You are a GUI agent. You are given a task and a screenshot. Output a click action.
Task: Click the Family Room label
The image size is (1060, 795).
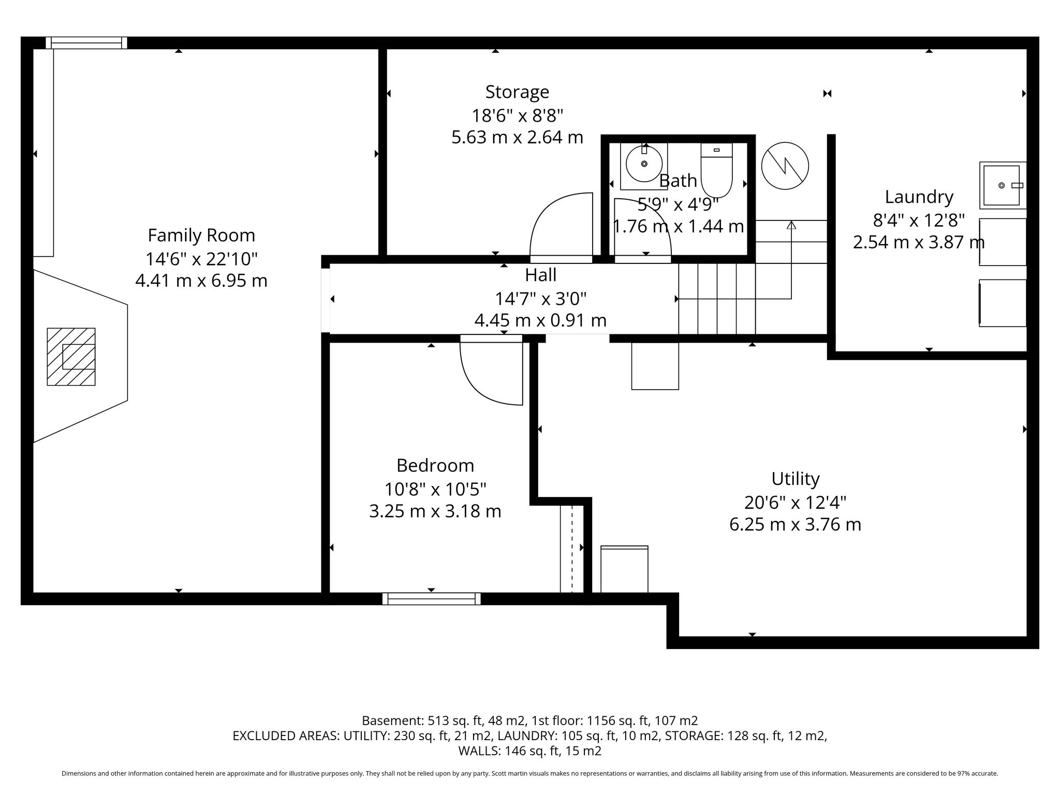tap(201, 235)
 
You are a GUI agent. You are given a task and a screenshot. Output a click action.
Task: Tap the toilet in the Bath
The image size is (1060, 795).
tap(717, 170)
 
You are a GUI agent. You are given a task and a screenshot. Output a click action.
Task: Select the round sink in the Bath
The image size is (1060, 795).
tap(644, 164)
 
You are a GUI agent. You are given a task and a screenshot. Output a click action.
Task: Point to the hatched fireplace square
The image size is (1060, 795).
tap(71, 357)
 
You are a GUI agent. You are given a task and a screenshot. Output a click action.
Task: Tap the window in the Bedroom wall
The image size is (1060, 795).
tap(431, 599)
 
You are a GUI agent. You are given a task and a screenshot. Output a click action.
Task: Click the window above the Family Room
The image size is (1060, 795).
tap(86, 42)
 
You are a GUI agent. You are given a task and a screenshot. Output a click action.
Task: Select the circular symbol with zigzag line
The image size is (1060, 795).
tap(785, 166)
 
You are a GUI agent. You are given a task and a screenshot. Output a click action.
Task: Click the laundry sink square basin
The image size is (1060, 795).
tap(1002, 185)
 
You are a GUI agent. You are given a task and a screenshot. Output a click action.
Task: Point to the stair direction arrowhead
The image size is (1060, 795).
tap(791, 225)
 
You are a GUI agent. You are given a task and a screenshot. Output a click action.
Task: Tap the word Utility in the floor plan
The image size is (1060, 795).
tap(796, 479)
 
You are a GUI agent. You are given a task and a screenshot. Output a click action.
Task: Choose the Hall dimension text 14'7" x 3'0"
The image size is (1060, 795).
tap(541, 299)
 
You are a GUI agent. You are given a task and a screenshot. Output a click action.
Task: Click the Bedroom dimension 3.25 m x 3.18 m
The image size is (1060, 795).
tap(435, 511)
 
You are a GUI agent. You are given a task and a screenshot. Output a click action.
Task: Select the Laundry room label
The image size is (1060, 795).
tap(919, 197)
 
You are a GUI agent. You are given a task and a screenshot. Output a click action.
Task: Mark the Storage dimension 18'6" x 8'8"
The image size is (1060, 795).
tap(517, 115)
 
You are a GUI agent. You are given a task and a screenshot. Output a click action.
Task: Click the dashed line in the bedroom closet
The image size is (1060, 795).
tap(572, 549)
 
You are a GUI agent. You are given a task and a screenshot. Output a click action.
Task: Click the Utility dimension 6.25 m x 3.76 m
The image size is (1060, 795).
tap(796, 524)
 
